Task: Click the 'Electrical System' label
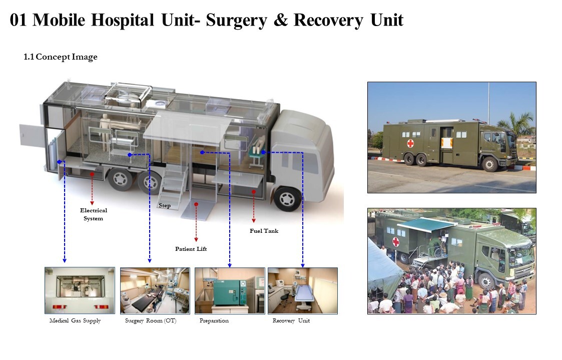[94, 214]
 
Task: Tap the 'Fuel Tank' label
[264, 231]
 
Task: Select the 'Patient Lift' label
[191, 249]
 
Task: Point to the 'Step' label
[165, 206]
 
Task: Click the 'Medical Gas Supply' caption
[75, 320]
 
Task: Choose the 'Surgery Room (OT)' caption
[151, 320]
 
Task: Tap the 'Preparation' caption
[214, 320]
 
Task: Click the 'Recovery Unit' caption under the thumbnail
[291, 320]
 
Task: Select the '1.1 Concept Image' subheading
[61, 57]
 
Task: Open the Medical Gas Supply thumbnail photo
[80, 290]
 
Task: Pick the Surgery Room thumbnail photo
[155, 290]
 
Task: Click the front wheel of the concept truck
[287, 199]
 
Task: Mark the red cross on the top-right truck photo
[410, 143]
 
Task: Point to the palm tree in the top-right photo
[521, 123]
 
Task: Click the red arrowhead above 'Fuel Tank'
[254, 220]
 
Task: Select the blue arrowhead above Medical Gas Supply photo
[64, 260]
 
